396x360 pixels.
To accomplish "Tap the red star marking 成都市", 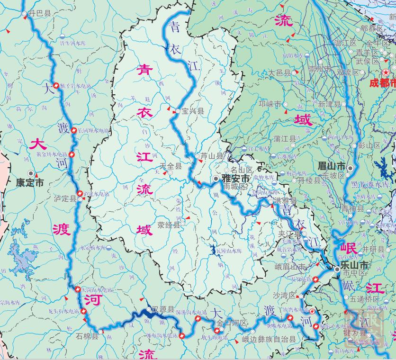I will pyautogui.click(x=387, y=72).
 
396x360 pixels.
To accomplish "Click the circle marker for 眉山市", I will pyautogui.click(x=350, y=168).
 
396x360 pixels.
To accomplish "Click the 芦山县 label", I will pyautogui.click(x=211, y=155).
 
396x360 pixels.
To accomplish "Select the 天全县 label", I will pyautogui.click(x=171, y=166).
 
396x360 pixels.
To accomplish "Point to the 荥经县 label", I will pyautogui.click(x=169, y=225).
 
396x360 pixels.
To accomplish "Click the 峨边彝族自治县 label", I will pyautogui.click(x=269, y=339).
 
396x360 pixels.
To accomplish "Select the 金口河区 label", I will pyautogui.click(x=233, y=323).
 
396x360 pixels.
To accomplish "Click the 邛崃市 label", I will pyautogui.click(x=270, y=104).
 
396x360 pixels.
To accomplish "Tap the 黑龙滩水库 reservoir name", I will pyautogui.click(x=370, y=184).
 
